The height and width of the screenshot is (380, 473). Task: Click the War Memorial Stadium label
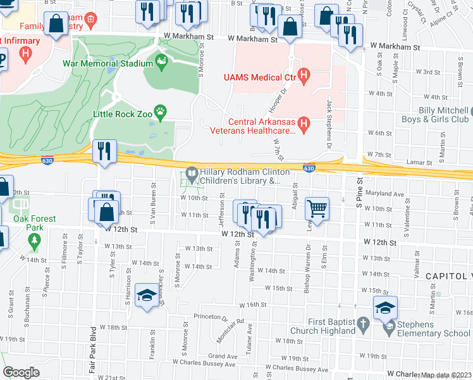(107, 63)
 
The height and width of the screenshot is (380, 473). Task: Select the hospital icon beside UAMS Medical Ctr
(304, 77)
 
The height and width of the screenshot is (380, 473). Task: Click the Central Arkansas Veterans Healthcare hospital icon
(303, 124)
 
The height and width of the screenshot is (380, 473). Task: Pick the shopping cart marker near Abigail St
(317, 207)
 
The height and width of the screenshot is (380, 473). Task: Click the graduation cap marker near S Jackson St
(147, 296)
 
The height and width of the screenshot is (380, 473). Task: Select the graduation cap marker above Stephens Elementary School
(385, 307)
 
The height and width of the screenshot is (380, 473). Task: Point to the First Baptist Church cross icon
(363, 325)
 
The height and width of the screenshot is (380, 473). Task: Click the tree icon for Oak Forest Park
(34, 241)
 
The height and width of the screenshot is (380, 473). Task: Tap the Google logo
(21, 372)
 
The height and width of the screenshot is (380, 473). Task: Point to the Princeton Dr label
(211, 317)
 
